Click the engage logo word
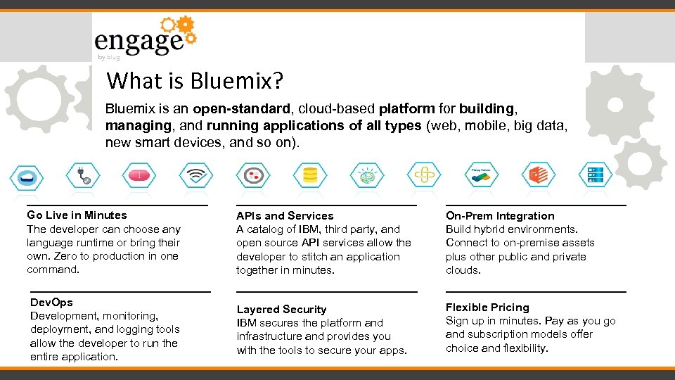(x=139, y=41)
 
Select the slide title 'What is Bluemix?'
(x=195, y=81)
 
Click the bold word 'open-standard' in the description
(x=242, y=109)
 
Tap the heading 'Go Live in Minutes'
(x=77, y=215)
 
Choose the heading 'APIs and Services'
(x=285, y=216)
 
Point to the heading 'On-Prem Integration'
(x=500, y=216)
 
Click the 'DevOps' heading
(x=51, y=303)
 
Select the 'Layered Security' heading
(x=281, y=310)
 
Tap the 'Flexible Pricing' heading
(x=487, y=308)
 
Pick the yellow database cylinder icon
(x=309, y=175)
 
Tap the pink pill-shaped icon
(x=139, y=175)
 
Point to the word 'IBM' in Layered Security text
(x=247, y=323)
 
